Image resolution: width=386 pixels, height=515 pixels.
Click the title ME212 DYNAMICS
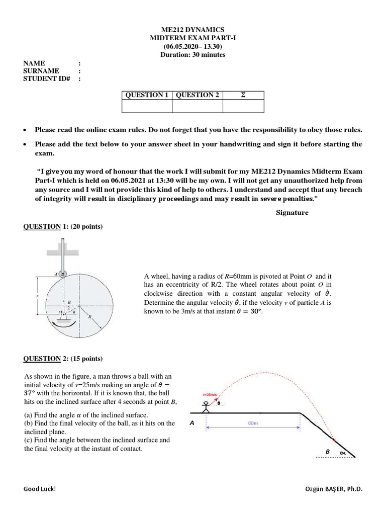coord(192,30)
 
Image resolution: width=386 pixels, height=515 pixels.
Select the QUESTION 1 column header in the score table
coord(147,95)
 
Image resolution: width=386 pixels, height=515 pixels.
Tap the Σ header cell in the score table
coord(243,95)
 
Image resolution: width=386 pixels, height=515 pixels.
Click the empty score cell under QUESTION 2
coord(197,106)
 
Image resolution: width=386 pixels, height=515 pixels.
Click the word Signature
coord(292,213)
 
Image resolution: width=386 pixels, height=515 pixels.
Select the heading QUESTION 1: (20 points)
coord(63,227)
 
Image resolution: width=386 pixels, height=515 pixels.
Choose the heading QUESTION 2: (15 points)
coord(63,359)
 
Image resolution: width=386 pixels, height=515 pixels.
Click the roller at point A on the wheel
coord(61,274)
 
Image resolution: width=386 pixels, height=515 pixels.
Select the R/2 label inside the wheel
coord(69,305)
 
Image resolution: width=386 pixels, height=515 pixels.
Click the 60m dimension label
coord(253,423)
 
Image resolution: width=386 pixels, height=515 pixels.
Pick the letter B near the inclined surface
coord(327,452)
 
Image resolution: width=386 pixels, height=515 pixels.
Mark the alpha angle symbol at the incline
coord(343,453)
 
